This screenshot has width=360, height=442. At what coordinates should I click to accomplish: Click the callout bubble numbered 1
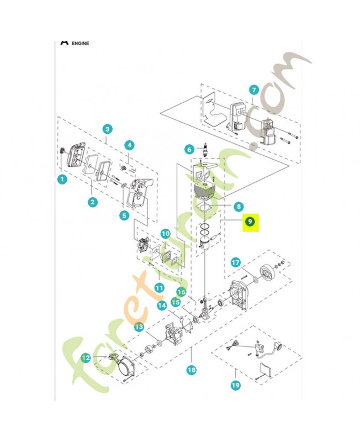62,180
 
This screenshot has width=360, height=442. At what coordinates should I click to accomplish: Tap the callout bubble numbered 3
108,129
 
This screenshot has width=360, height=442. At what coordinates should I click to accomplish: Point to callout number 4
129,145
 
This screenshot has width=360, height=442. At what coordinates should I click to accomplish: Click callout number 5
124,215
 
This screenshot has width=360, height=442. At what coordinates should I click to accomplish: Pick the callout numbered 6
188,149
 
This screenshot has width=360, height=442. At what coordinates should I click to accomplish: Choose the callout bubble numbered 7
253,90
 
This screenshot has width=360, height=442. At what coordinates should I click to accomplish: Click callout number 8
238,207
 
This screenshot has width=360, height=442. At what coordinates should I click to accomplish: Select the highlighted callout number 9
250,222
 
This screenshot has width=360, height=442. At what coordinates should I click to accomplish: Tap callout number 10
166,234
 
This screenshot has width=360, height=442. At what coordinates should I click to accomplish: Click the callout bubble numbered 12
86,357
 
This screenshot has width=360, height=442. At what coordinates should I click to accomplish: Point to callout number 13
139,327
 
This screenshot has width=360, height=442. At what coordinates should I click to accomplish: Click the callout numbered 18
192,370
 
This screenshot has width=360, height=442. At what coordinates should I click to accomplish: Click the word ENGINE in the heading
80,43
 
